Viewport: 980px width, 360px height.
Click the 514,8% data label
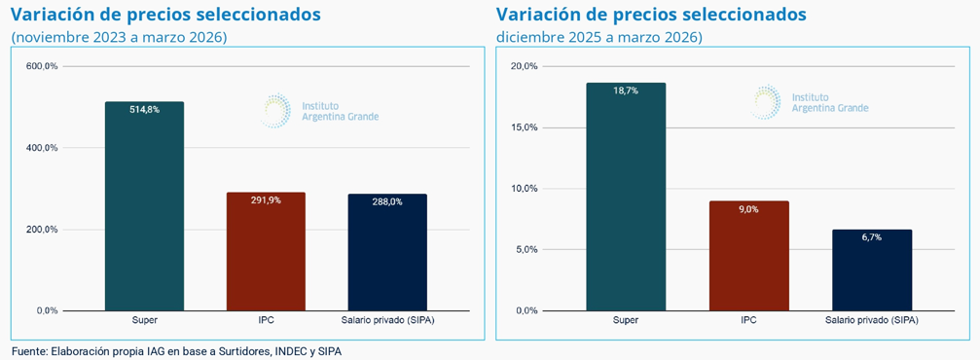pos(144,109)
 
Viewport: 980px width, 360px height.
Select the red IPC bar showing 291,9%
pos(266,251)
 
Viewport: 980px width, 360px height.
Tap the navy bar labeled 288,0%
pos(387,253)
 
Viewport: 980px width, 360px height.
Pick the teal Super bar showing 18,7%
pos(626,197)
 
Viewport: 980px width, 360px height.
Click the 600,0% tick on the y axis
pos(43,66)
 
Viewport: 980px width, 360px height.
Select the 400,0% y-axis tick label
pos(43,148)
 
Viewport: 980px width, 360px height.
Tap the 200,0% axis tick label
pos(43,230)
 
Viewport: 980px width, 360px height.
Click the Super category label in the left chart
pos(144,321)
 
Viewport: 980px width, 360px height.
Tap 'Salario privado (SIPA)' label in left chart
pos(387,321)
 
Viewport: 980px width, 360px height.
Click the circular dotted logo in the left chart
pos(275,111)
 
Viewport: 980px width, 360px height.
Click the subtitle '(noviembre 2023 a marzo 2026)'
pos(119,38)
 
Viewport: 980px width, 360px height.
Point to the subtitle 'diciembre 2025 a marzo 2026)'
pos(599,38)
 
